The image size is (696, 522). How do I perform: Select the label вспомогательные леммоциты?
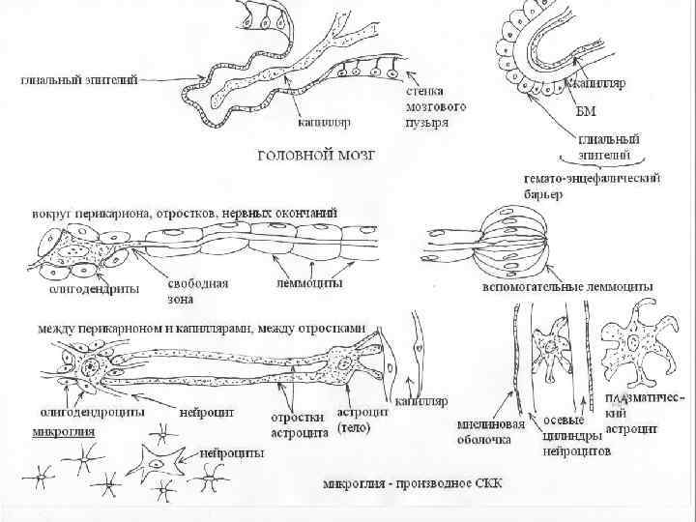565,287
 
